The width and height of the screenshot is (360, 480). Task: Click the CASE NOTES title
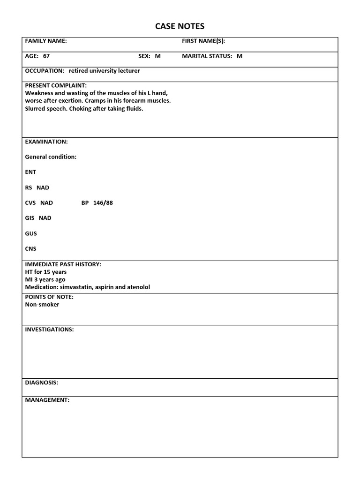[180, 26]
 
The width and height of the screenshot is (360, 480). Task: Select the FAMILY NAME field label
[45, 41]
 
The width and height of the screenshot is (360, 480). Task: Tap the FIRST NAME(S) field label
[203, 41]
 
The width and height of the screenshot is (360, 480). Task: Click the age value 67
[46, 56]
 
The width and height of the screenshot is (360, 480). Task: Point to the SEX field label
[144, 56]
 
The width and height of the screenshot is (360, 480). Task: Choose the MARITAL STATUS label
[207, 56]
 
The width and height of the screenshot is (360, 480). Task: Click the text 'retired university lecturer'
[104, 71]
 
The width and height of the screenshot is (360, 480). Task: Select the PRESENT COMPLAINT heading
[55, 85]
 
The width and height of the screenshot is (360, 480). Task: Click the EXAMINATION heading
[46, 142]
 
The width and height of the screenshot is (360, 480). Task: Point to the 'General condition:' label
[51, 157]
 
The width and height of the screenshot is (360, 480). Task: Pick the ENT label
[30, 172]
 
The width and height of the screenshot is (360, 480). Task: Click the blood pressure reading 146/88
[103, 203]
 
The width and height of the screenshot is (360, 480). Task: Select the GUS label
[31, 233]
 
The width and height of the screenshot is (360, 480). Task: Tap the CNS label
[30, 249]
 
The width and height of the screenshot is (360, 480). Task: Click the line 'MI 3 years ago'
[45, 279]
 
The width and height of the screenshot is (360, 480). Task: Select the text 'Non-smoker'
[42, 305]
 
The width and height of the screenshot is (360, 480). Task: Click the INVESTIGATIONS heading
[49, 330]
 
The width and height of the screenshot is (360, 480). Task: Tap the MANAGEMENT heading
[47, 400]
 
